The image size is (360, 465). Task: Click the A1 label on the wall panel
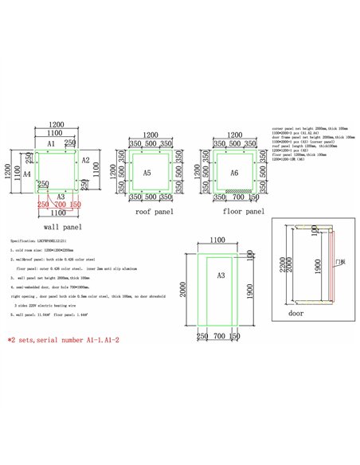pyautogui.click(x=50, y=143)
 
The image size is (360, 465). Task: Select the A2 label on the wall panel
pyautogui.click(x=86, y=159)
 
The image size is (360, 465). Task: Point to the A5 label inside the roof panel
pyautogui.click(x=147, y=173)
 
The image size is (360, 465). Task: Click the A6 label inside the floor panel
pyautogui.click(x=234, y=173)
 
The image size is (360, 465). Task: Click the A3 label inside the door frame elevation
pyautogui.click(x=202, y=275)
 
